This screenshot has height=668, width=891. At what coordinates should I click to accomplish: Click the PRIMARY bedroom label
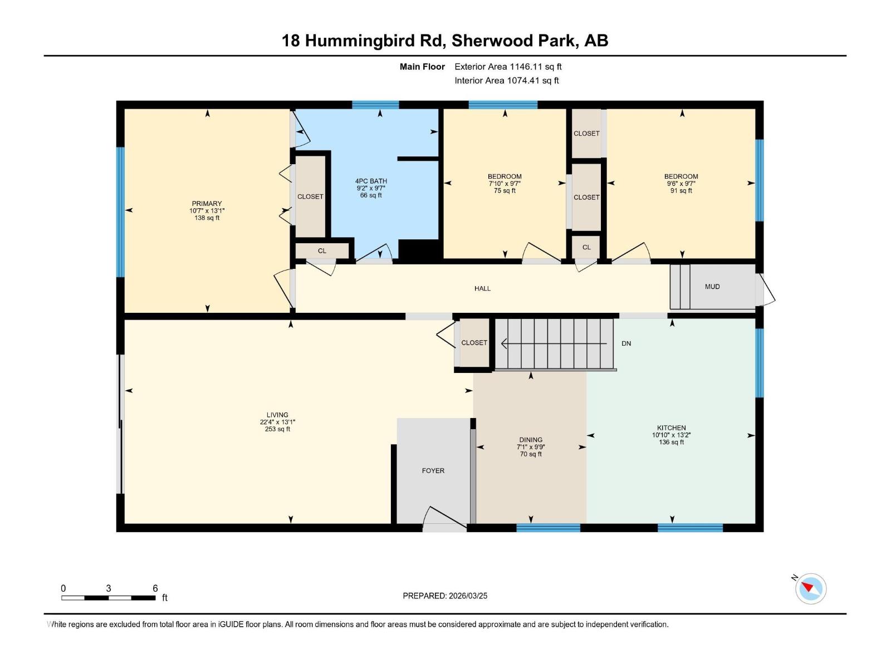click(x=207, y=204)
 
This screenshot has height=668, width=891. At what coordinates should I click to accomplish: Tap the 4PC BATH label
click(x=371, y=181)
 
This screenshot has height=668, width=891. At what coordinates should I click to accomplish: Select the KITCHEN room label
click(x=671, y=428)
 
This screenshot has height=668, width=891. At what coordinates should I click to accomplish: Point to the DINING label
click(x=531, y=440)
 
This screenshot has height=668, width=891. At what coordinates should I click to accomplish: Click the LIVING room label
click(x=277, y=415)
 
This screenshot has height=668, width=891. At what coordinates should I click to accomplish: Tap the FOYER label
click(x=433, y=471)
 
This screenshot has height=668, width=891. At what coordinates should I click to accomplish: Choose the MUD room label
click(x=712, y=287)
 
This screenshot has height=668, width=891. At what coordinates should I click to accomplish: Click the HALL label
click(x=482, y=288)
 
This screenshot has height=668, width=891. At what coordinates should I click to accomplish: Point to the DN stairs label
click(x=626, y=343)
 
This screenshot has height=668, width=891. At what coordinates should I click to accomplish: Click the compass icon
click(x=810, y=588)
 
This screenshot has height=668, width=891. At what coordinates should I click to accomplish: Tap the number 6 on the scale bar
click(x=155, y=588)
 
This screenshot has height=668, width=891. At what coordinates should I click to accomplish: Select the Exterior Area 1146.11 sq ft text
click(x=508, y=67)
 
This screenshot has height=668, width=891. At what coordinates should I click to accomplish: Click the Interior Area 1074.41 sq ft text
click(x=507, y=81)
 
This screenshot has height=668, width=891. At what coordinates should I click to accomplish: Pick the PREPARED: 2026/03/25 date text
click(x=445, y=596)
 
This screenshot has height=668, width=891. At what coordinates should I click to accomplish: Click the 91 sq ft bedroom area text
click(x=681, y=191)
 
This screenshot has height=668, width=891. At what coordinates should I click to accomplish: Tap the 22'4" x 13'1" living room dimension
click(x=277, y=422)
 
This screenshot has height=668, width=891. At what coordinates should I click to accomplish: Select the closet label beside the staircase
click(x=474, y=343)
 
